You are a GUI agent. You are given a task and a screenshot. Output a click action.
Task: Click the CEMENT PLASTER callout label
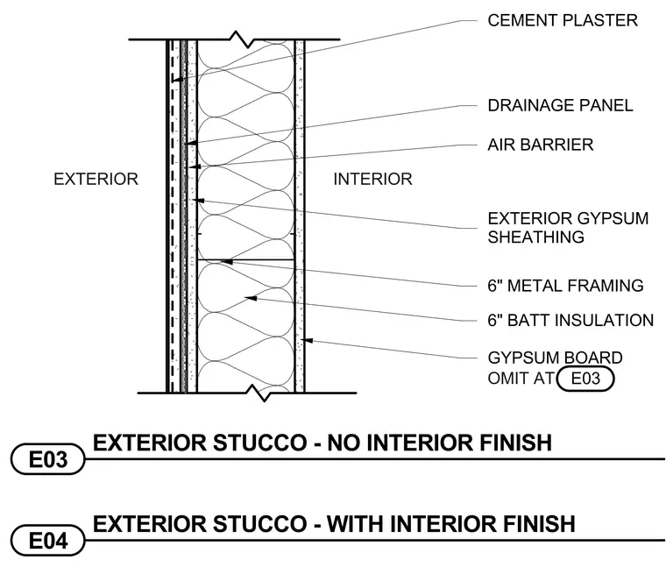coord(563,20)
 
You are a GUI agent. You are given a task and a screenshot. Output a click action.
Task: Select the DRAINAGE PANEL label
coord(560,105)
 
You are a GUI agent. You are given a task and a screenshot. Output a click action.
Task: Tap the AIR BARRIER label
coord(541,145)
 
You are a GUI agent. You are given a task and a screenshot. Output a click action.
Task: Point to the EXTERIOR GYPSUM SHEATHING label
coord(568,228)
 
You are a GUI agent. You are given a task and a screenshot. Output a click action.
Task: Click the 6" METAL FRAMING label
coord(565,286)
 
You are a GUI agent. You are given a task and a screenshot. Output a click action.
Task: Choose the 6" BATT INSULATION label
coord(570,320)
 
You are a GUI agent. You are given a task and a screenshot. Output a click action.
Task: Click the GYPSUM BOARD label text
coord(555,358)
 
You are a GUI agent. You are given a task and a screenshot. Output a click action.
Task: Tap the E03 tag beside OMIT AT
coord(585,379)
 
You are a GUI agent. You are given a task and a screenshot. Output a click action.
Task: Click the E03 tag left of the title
coord(47,459)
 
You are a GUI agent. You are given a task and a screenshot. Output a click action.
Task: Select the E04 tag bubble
coord(47,541)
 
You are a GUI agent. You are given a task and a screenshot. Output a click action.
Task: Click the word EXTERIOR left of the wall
coord(96,180)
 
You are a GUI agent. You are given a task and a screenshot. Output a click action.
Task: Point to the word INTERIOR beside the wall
coord(373,180)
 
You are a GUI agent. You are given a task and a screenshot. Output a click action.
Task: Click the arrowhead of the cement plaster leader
coord(178,80)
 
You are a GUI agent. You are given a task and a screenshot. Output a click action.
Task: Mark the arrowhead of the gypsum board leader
coord(307,340)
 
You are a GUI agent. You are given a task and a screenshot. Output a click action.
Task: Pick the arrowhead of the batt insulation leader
coord(251,298)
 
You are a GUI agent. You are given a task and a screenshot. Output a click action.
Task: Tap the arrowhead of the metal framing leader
coord(227,262)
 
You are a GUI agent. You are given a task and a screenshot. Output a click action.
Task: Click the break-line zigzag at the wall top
coord(242,39)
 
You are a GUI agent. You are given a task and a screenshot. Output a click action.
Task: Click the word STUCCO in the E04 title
coord(259,524)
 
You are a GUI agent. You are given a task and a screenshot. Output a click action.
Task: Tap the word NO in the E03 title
coord(344,443)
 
